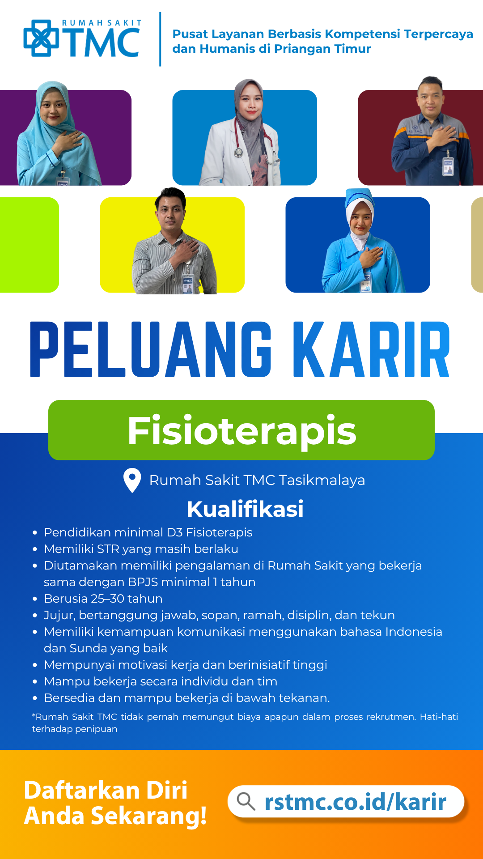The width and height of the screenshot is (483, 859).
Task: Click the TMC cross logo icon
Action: (41, 38)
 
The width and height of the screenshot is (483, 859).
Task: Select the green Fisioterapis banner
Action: (241, 430)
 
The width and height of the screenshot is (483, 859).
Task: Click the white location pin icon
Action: (132, 480)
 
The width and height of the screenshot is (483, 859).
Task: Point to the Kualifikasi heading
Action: (245, 509)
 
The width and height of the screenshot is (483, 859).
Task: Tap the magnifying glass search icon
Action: (246, 801)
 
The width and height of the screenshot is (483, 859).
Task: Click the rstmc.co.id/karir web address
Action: (356, 801)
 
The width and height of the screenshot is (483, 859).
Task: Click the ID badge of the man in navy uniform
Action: (448, 166)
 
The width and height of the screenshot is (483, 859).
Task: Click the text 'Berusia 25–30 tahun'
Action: (103, 599)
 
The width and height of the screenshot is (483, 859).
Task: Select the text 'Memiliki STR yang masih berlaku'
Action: (141, 549)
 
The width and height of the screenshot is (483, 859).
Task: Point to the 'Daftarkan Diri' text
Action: (106, 790)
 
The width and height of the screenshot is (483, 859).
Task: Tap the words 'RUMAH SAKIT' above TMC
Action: (102, 23)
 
